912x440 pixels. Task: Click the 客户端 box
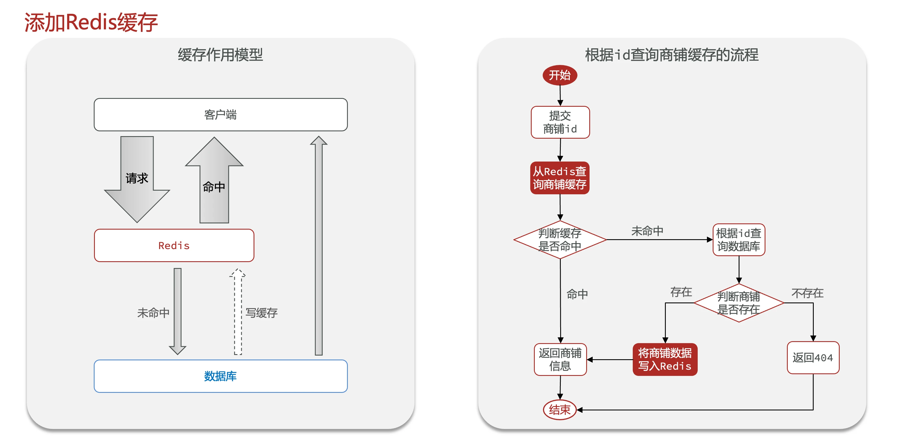tap(221, 115)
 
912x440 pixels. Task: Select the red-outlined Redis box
tap(174, 245)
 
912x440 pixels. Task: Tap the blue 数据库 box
tap(221, 376)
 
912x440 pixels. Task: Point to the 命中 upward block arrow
tap(214, 184)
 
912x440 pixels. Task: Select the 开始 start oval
tap(560, 75)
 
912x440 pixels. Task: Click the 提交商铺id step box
tap(560, 122)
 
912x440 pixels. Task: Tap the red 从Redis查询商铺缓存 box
tap(560, 178)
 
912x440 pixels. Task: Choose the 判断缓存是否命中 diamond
tap(560, 240)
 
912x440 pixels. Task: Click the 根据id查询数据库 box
tap(739, 240)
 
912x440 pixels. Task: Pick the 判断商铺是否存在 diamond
tap(739, 303)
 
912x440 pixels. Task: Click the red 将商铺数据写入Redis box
tap(665, 359)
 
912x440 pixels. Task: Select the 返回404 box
tap(813, 358)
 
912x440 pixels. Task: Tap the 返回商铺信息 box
tap(560, 359)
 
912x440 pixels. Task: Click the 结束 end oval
tap(560, 409)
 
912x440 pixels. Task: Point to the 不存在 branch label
tap(807, 293)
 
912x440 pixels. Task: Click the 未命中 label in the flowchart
tap(647, 231)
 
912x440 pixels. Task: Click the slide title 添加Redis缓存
tap(91, 22)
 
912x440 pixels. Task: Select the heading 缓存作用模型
tap(220, 55)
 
